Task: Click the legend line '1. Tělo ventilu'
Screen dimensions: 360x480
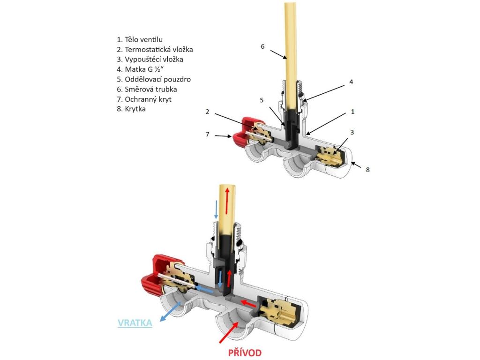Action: (140, 39)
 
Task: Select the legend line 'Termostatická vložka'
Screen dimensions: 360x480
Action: (155, 49)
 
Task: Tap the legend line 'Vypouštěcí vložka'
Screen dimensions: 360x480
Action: (150, 60)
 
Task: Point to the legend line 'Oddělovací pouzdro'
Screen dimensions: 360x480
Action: (154, 79)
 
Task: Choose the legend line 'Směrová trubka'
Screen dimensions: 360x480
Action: (147, 89)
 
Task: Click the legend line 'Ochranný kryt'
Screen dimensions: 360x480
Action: (145, 99)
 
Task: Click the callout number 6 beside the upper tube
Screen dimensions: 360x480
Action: (262, 46)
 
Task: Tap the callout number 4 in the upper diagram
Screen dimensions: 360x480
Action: (351, 82)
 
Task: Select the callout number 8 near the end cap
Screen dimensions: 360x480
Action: (367, 169)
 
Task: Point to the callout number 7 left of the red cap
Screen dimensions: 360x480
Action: (207, 135)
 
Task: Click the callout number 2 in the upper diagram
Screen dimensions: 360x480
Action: (207, 111)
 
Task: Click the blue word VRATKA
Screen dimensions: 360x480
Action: (135, 323)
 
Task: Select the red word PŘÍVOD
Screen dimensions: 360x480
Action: (245, 352)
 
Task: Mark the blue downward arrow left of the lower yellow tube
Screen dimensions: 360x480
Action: (216, 209)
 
